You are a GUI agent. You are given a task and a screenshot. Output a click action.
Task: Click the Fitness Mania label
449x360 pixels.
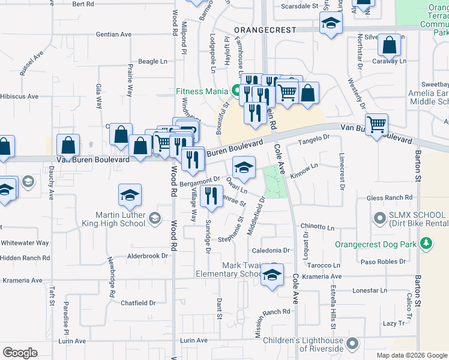point(201,92)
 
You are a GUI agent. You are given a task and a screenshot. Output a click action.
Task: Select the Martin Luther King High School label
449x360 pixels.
point(120,219)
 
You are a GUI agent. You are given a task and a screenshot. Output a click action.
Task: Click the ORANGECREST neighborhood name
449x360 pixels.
point(265,29)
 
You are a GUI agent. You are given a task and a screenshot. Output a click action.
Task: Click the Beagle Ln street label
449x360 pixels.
point(152,61)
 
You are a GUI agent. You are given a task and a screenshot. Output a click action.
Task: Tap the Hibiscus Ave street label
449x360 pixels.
point(19,96)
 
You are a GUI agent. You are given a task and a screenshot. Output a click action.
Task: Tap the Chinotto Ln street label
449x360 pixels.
point(318,227)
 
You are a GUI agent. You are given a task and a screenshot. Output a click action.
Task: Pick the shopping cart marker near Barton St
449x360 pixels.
point(376,125)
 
